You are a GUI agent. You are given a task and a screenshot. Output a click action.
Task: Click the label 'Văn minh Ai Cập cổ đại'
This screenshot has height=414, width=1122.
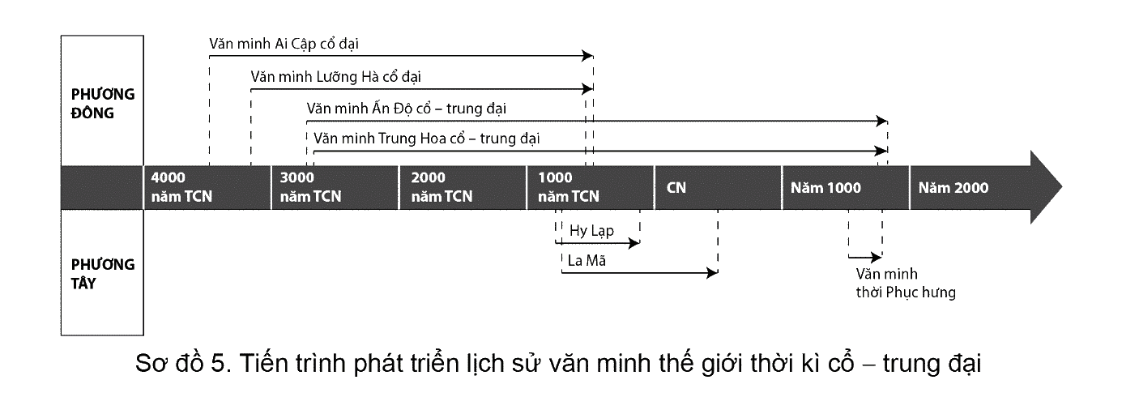pyautogui.click(x=284, y=44)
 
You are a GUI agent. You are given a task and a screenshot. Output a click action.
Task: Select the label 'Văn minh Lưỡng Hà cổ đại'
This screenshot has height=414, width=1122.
pyautogui.click(x=335, y=77)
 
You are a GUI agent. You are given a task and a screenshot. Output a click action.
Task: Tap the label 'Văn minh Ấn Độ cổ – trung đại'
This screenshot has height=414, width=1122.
pyautogui.click(x=406, y=109)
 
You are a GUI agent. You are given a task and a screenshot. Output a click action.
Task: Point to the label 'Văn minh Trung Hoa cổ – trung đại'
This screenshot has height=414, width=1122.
pyautogui.click(x=426, y=139)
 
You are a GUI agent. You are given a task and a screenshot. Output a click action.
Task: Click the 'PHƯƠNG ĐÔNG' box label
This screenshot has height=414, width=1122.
pyautogui.click(x=103, y=103)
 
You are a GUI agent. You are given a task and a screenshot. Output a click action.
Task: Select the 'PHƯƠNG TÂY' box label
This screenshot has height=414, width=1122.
pyautogui.click(x=103, y=274)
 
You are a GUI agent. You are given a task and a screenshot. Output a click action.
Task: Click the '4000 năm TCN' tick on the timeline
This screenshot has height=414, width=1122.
pyautogui.click(x=181, y=187)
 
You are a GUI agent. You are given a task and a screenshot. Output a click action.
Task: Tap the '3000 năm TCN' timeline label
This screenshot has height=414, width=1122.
pyautogui.click(x=310, y=187)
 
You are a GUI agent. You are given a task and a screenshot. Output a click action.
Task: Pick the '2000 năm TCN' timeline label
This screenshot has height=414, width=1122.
pyautogui.click(x=442, y=187)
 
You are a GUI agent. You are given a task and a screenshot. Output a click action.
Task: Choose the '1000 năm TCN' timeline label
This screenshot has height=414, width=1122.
pyautogui.click(x=568, y=187)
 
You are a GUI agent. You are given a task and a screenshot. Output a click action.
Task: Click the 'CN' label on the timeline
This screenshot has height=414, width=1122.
pyautogui.click(x=676, y=187)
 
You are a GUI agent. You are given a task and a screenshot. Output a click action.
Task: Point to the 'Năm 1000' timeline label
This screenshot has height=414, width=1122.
pyautogui.click(x=826, y=188)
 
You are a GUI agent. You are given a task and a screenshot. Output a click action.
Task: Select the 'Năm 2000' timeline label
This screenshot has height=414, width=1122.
pyautogui.click(x=953, y=188)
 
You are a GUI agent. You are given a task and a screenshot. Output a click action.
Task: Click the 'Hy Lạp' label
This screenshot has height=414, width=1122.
pyautogui.click(x=591, y=231)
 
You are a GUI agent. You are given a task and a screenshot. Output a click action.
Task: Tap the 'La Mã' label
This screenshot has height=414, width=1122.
pyautogui.click(x=587, y=261)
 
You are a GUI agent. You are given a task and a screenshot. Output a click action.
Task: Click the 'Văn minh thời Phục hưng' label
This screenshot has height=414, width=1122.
pyautogui.click(x=906, y=284)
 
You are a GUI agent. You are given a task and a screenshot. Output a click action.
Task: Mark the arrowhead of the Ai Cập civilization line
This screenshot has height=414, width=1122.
pyautogui.click(x=587, y=56)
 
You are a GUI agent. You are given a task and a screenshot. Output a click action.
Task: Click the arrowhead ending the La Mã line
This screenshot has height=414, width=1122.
pyautogui.click(x=712, y=273)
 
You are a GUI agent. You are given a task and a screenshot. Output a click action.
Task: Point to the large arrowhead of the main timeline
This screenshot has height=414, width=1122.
pyautogui.click(x=1046, y=187)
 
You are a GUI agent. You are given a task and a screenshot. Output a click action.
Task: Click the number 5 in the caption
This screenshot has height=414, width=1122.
pyautogui.click(x=218, y=363)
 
